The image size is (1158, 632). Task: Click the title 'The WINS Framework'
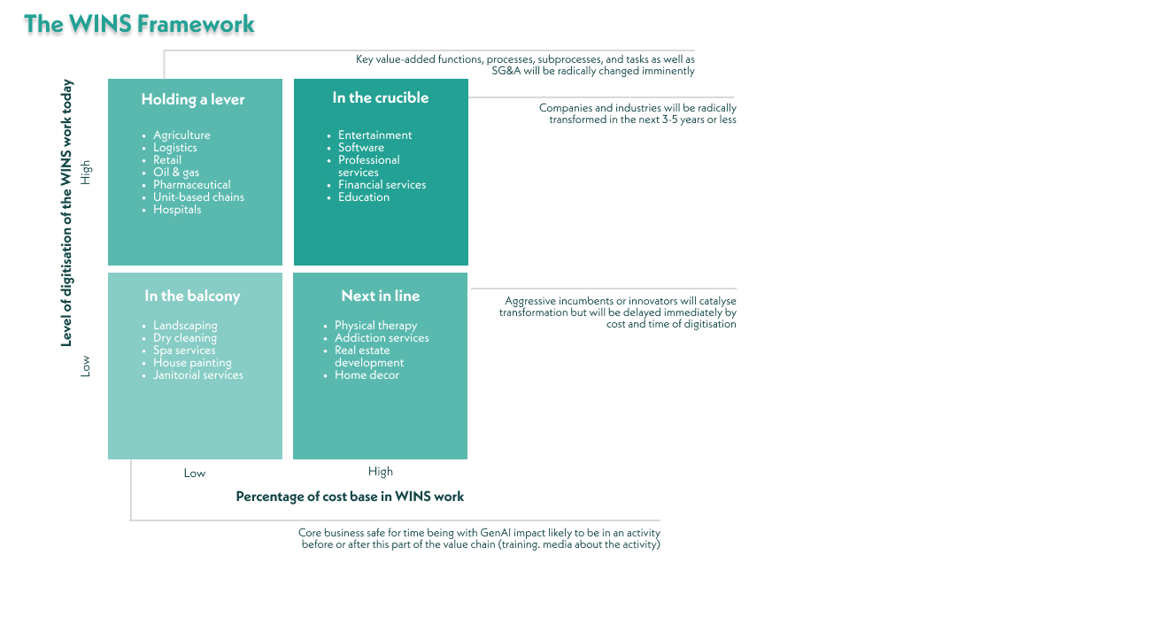(140, 25)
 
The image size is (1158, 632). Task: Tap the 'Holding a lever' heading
(193, 100)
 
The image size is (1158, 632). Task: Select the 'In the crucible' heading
(381, 98)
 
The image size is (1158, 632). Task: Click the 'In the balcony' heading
(192, 297)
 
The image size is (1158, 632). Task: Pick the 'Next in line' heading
(381, 296)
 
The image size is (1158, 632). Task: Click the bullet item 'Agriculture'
(181, 135)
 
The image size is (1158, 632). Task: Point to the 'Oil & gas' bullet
(176, 173)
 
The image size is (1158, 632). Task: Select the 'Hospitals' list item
(177, 210)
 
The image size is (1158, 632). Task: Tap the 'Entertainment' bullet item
(375, 135)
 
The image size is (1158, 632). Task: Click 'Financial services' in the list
(382, 185)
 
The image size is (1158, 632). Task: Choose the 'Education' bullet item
(364, 197)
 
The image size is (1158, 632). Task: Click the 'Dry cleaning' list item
(185, 338)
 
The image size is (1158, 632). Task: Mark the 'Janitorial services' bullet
(198, 375)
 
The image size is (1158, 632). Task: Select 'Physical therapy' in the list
(375, 326)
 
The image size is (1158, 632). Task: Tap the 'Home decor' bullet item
(367, 375)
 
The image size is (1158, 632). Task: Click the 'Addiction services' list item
(382, 338)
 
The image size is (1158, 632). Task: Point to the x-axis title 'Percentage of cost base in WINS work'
(350, 497)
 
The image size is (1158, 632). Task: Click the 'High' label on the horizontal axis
(381, 472)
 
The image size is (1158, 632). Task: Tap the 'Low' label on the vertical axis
(86, 366)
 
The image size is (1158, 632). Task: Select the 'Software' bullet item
(361, 148)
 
